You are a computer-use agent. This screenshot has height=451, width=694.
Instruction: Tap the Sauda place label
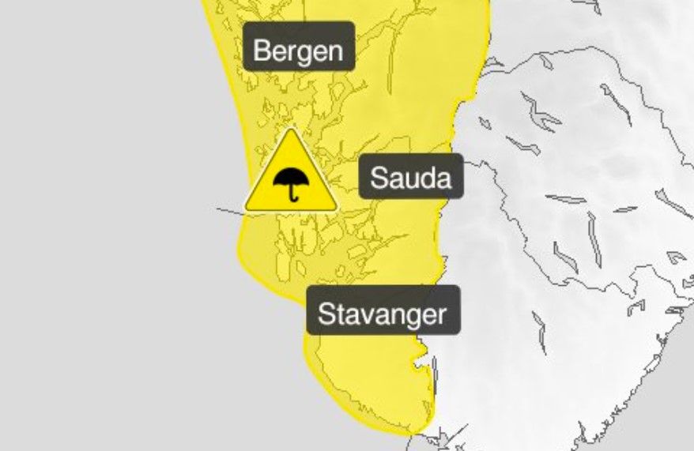click(x=411, y=178)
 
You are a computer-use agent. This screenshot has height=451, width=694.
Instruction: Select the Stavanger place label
click(x=382, y=314)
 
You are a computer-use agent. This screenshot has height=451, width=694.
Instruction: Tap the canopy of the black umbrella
click(x=291, y=176)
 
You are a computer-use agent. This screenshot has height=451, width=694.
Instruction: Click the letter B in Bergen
click(x=262, y=51)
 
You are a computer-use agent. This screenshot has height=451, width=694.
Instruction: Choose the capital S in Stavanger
click(x=325, y=314)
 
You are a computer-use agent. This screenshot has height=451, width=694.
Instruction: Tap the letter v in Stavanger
click(x=364, y=316)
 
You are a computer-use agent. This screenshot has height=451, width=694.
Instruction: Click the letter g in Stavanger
click(x=410, y=318)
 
